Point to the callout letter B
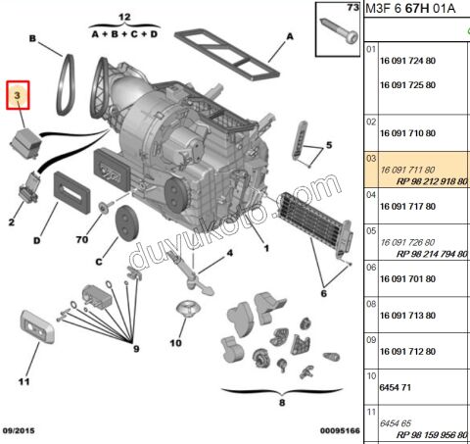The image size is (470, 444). pyautogui.click(x=32, y=40)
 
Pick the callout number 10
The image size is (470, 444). pyautogui.click(x=175, y=344)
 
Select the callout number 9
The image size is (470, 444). pyautogui.click(x=136, y=349)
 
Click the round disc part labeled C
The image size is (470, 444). pyautogui.click(x=125, y=222)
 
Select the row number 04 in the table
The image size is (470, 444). pyautogui.click(x=370, y=194)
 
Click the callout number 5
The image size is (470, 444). pyautogui.click(x=329, y=144)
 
